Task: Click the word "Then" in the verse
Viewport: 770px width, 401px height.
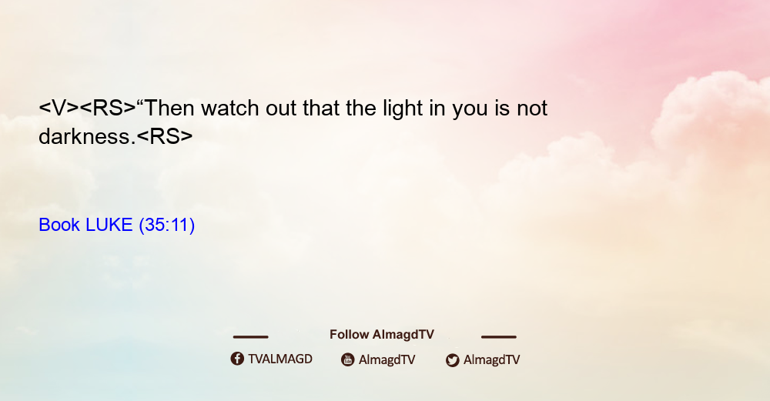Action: tap(170, 108)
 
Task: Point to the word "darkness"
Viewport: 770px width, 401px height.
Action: tap(85, 136)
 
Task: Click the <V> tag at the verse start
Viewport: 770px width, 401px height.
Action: tap(59, 108)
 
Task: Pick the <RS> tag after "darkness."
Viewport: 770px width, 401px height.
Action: tap(165, 136)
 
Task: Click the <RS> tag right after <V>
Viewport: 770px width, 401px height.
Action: tap(108, 108)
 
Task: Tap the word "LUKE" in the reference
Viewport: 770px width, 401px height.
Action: tap(109, 225)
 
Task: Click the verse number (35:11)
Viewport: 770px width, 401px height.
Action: tap(167, 226)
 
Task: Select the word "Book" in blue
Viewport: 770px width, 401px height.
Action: tap(59, 225)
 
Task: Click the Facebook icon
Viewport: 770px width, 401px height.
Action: tap(237, 359)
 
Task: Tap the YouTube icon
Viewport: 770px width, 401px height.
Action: tap(348, 359)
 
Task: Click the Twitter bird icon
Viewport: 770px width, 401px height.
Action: tap(452, 360)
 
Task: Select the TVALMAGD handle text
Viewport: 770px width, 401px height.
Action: tap(280, 359)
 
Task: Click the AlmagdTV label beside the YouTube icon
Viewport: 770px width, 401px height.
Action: tap(387, 359)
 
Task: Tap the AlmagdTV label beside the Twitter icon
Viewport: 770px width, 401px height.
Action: tap(491, 359)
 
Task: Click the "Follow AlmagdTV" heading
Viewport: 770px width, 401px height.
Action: tap(382, 334)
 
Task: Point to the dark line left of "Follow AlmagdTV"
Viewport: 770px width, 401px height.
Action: tap(250, 336)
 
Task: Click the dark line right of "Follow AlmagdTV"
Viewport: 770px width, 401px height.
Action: tap(499, 336)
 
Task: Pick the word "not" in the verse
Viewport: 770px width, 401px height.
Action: tap(532, 109)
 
